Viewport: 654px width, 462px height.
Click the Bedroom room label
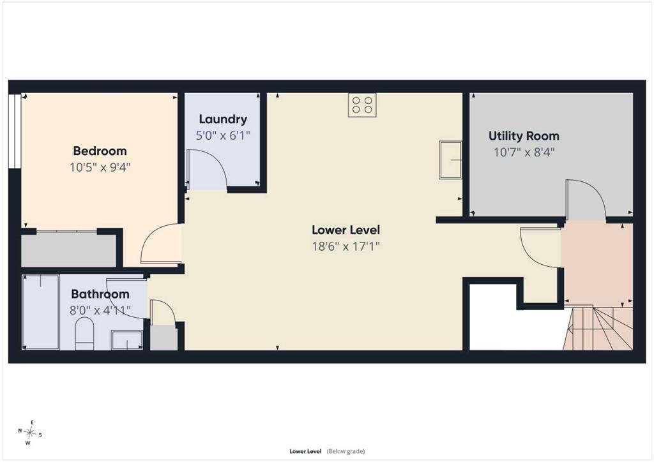coord(100,151)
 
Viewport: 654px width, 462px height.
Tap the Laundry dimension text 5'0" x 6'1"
coord(223,135)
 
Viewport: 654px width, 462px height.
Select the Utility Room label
coord(524,136)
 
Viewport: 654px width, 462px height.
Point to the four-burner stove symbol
coord(362,105)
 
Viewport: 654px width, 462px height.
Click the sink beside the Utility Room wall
coord(450,160)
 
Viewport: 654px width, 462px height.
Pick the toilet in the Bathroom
coord(85,334)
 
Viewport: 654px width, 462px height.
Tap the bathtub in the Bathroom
coord(40,311)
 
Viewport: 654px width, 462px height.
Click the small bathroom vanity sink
coord(127,340)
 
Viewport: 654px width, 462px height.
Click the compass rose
coord(29,433)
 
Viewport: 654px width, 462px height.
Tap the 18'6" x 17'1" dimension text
coord(346,246)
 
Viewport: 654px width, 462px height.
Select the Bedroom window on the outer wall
coord(15,131)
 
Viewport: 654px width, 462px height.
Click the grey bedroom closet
coord(69,250)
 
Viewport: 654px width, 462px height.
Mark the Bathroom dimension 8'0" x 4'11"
coord(100,310)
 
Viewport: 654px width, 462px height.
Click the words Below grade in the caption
coord(346,451)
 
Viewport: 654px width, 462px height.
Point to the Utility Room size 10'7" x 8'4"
coord(524,153)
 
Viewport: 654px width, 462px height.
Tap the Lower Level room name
coord(346,230)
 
